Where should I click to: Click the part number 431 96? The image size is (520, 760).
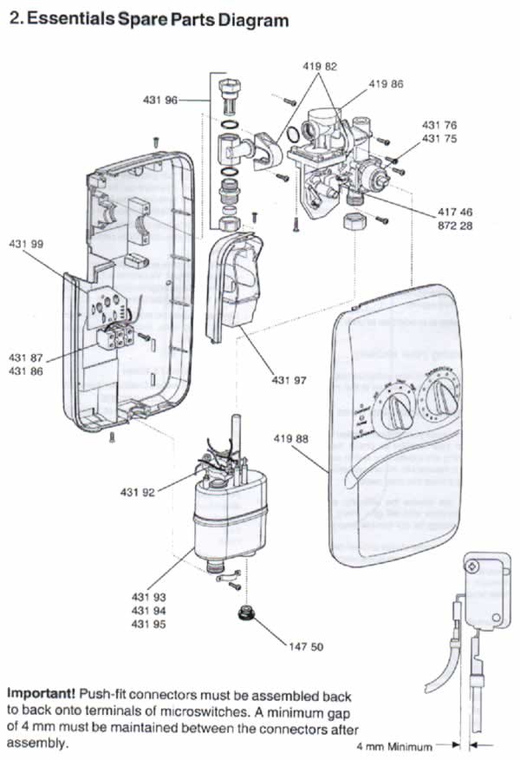[159, 101]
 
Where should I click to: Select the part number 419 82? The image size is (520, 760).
[320, 66]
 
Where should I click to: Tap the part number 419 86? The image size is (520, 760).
[386, 84]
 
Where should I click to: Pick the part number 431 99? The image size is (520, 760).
[26, 245]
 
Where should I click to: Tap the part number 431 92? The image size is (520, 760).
[137, 493]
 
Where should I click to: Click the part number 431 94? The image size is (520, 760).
[148, 611]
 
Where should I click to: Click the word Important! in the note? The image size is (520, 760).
[40, 695]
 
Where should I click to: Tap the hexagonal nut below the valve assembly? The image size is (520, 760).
[353, 221]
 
